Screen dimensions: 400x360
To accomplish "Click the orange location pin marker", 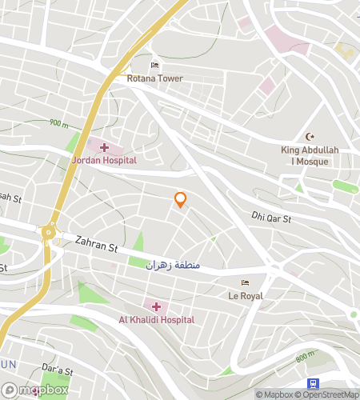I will (181, 200).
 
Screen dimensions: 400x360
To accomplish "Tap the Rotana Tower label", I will (154, 79).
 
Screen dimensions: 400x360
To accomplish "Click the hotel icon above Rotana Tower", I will (154, 66).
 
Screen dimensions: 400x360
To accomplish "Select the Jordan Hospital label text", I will (104, 160).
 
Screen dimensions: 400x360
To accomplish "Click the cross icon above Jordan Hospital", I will (104, 147).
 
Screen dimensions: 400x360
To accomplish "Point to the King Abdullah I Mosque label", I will (310, 155).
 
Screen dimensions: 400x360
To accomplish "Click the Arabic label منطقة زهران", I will (172, 264).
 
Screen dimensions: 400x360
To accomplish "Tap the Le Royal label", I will (245, 295).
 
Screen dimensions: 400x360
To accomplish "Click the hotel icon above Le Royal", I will (245, 282).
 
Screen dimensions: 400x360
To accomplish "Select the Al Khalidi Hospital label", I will (157, 319).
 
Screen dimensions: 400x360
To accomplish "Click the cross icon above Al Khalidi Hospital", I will (156, 306).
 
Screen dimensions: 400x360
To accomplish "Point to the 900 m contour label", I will (58, 123).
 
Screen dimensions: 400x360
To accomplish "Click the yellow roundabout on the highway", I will (50, 233).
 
